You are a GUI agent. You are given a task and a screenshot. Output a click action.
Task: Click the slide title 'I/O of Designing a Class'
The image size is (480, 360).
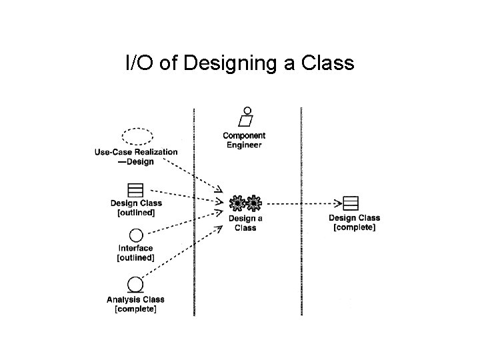point(240,63)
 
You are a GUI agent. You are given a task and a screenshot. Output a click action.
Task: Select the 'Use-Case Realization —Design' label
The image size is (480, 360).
point(136,157)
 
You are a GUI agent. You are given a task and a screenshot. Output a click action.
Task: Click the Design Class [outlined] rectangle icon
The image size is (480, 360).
point(135,189)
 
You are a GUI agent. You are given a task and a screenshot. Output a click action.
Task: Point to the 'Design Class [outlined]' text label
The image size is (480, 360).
point(136,207)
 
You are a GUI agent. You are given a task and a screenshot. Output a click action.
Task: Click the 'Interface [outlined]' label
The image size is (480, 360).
point(135,253)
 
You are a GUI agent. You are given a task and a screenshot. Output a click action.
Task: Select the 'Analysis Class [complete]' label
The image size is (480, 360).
point(135,304)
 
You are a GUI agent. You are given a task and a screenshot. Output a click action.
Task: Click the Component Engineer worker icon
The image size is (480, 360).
point(247,117)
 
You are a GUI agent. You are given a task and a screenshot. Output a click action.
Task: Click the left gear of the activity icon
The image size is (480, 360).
point(237,202)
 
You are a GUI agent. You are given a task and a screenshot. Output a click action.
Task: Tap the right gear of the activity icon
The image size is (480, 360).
point(253,202)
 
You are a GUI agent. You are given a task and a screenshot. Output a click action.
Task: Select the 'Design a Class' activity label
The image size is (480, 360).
point(245,223)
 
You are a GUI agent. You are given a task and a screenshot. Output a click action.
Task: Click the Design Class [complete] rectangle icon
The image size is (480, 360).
point(351,203)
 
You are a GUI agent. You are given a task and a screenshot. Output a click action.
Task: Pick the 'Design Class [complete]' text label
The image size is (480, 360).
point(354,222)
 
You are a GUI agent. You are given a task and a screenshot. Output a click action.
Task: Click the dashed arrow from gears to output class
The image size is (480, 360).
point(300,202)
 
